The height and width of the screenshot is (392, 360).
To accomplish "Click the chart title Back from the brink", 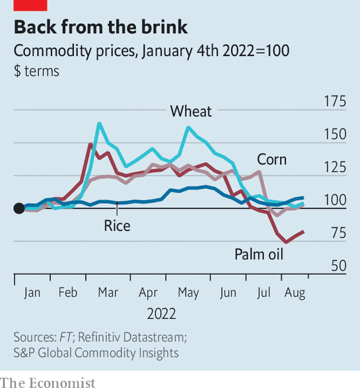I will click(x=101, y=27).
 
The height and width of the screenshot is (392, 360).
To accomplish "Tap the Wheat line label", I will click(x=191, y=111).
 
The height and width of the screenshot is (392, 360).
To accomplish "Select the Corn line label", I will click(x=272, y=159).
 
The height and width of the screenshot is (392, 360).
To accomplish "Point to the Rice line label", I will click(x=117, y=226).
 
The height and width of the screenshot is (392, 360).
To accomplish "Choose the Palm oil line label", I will click(x=259, y=255).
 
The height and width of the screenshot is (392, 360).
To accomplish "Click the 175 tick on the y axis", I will click(x=335, y=101).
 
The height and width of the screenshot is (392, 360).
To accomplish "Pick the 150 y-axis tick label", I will click(x=335, y=134).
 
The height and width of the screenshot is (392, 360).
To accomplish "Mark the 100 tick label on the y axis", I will click(x=335, y=200).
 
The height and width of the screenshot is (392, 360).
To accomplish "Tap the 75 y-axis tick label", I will click(x=339, y=233).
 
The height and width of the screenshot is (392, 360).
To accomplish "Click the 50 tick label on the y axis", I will click(x=339, y=266).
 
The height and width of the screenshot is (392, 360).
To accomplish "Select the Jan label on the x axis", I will click(x=32, y=293).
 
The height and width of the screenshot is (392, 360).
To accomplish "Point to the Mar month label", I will click(x=108, y=293).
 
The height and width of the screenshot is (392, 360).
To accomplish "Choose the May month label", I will click(x=188, y=293).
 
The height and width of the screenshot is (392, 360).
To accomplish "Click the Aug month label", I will click(x=294, y=293).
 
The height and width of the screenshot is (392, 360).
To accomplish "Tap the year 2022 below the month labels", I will click(x=161, y=313).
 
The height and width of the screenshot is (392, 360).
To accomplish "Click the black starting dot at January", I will click(x=19, y=208).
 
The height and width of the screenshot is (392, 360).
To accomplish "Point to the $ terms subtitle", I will click(x=36, y=71).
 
